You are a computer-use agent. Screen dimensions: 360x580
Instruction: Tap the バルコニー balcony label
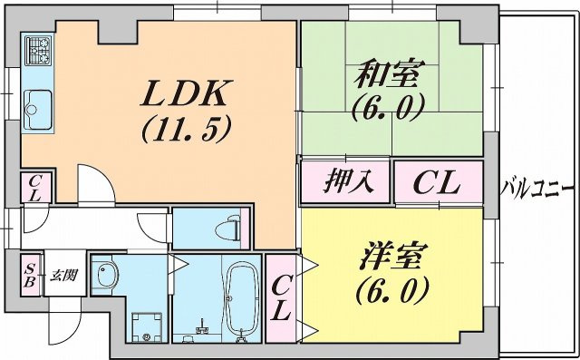click(537, 190)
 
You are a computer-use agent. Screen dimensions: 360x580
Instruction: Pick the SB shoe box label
click(30, 274)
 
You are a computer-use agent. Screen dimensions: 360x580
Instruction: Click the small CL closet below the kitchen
click(33, 189)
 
